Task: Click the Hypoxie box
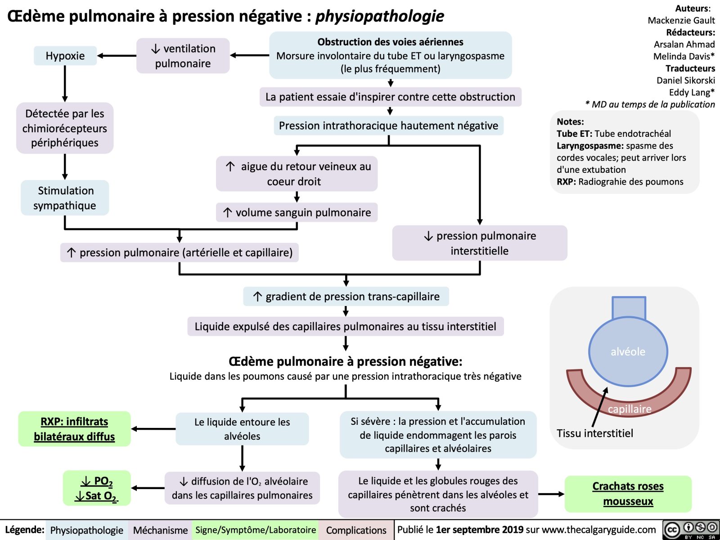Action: (x=65, y=56)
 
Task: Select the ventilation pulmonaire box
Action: (x=183, y=56)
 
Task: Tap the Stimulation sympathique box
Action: (x=65, y=198)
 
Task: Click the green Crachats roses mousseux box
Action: (x=628, y=494)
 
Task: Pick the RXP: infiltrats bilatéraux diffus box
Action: (x=74, y=429)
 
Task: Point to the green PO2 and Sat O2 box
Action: (x=97, y=488)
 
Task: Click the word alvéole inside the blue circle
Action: (x=628, y=352)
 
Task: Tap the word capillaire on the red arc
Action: (x=630, y=409)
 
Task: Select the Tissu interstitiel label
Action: (x=594, y=433)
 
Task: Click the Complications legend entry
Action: (x=356, y=530)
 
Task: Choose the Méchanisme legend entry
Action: (x=160, y=530)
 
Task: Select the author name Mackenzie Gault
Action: (x=681, y=20)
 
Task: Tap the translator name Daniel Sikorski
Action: (x=685, y=81)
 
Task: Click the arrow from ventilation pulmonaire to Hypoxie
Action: (x=117, y=56)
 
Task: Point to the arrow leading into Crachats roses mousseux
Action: (x=551, y=494)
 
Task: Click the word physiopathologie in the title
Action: (x=379, y=16)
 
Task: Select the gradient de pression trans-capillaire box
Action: (x=346, y=297)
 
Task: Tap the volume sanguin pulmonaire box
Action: (x=297, y=212)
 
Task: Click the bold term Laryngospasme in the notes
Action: (x=589, y=146)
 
